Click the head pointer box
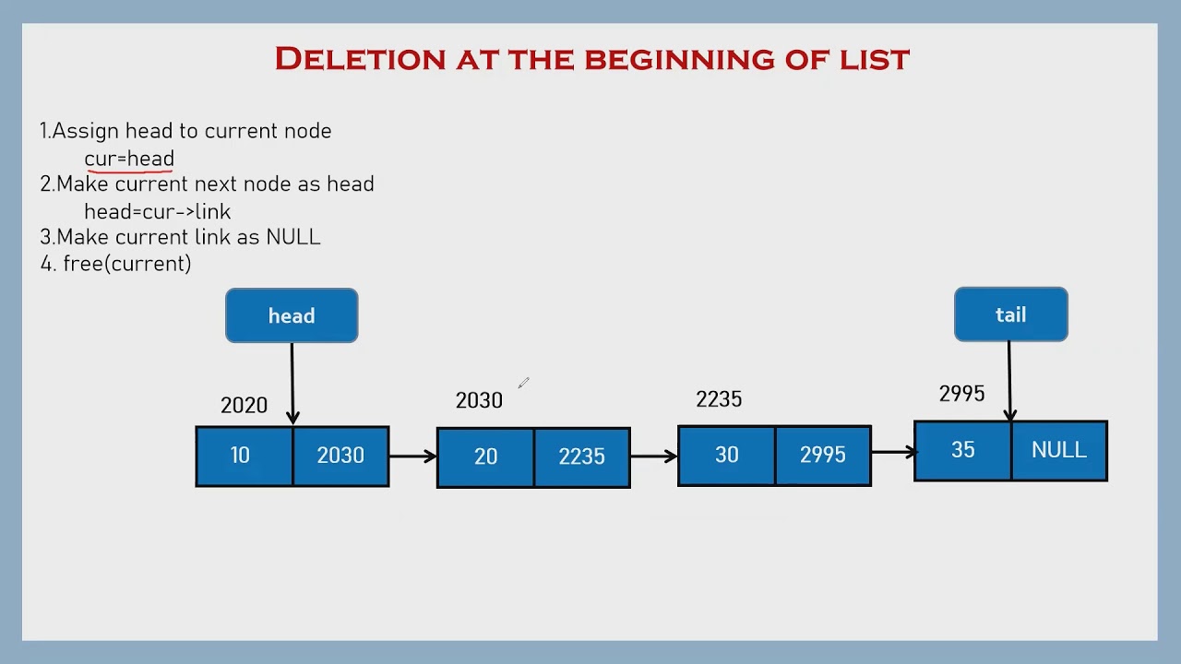[x=292, y=315]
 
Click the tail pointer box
[x=1010, y=314]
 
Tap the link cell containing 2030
[x=340, y=456]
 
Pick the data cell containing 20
[x=485, y=456]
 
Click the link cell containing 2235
[x=582, y=456]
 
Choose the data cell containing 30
[x=726, y=456]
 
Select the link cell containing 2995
[x=823, y=456]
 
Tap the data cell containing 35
[x=962, y=450]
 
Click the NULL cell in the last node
[x=1059, y=450]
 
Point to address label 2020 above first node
[x=244, y=405]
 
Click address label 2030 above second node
[x=479, y=400]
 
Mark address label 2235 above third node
[x=719, y=398]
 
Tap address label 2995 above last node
[x=961, y=394]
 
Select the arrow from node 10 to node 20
[x=412, y=456]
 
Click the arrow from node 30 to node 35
[x=893, y=452]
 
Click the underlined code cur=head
[x=129, y=159]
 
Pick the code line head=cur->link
[x=158, y=211]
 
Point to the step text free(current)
[x=126, y=264]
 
